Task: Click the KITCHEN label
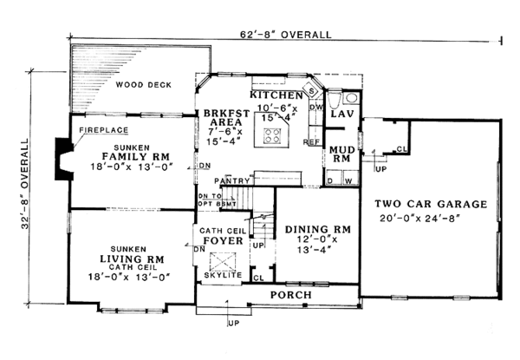click(276, 93)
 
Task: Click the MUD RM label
click(339, 154)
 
